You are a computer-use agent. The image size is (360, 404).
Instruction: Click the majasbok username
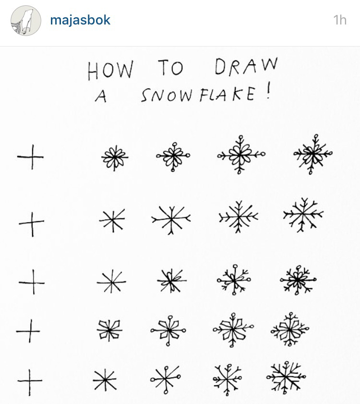(80, 20)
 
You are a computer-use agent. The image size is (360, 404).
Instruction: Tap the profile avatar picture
(25, 21)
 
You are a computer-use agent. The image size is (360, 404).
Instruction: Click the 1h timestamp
(339, 20)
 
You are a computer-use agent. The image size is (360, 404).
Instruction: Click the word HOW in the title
(110, 70)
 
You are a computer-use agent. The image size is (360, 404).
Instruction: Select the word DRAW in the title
(246, 67)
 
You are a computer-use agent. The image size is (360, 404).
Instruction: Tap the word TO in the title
(170, 69)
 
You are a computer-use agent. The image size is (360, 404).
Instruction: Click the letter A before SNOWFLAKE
(101, 96)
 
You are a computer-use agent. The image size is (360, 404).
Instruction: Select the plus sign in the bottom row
(30, 381)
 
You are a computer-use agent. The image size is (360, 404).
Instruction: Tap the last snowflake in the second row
(303, 214)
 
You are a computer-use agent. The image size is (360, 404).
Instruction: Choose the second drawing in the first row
(115, 157)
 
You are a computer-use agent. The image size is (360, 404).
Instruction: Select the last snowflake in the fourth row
(289, 329)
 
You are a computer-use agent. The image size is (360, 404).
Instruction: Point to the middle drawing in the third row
(171, 281)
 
